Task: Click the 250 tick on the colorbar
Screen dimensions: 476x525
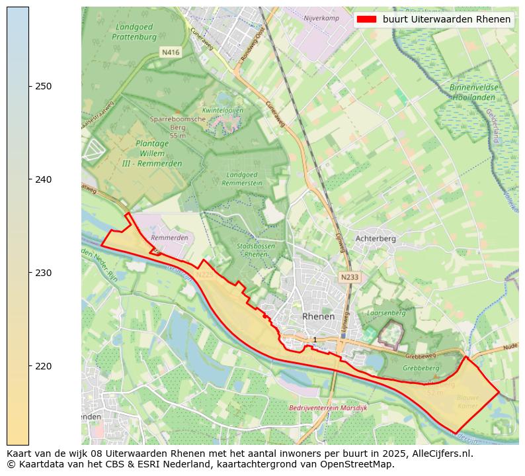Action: (x=29, y=86)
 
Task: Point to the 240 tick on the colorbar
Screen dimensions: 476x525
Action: (x=29, y=179)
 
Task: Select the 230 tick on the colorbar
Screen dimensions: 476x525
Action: (x=29, y=273)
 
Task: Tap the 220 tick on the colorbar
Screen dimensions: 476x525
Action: (x=29, y=366)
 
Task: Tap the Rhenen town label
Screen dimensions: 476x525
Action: (x=318, y=317)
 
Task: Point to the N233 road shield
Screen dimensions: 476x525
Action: (x=350, y=277)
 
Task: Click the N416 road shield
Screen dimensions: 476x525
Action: (x=171, y=52)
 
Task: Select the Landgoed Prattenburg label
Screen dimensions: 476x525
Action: (x=138, y=32)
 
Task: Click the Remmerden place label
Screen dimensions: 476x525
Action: (x=169, y=237)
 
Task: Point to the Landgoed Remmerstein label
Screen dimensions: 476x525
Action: (x=242, y=178)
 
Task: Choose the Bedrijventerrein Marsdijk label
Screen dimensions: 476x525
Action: (x=328, y=408)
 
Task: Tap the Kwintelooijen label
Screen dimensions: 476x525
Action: (x=223, y=110)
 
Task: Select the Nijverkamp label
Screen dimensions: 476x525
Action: (x=321, y=18)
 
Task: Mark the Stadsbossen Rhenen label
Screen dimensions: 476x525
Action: (x=255, y=250)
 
